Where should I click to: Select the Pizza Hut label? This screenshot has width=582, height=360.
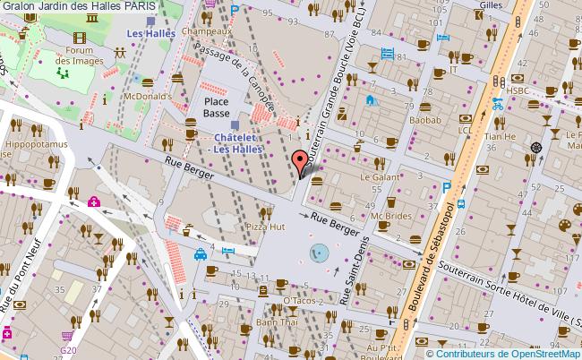(264, 228)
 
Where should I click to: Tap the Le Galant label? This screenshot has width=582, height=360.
(378, 177)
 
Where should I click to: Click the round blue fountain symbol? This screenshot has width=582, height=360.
(318, 253)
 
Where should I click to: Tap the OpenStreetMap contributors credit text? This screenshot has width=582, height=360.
(507, 352)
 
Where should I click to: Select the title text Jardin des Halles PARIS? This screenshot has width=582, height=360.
(80, 6)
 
